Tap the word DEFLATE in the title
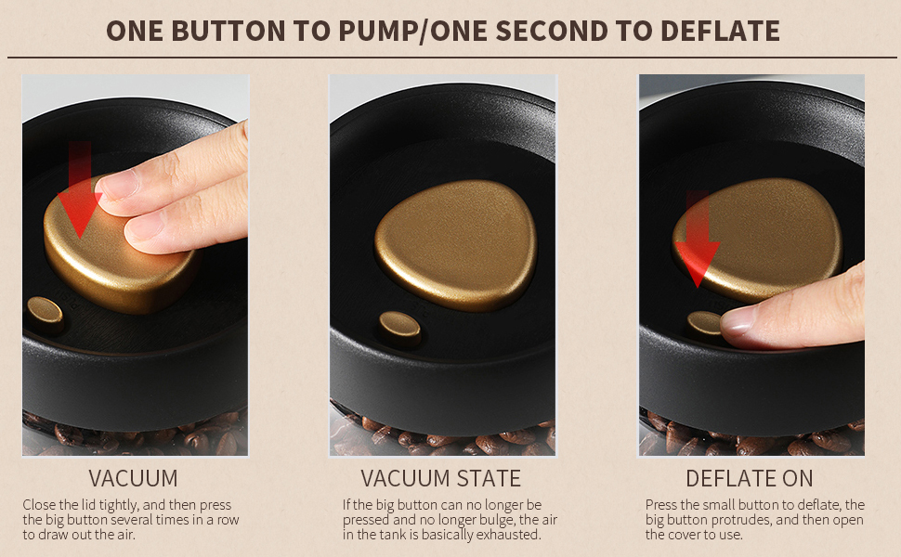click(x=720, y=30)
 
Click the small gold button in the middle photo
click(x=399, y=326)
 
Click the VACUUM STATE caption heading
click(x=440, y=479)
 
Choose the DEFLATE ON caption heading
click(x=749, y=479)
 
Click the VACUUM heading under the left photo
click(x=133, y=479)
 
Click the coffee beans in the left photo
click(x=130, y=436)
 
